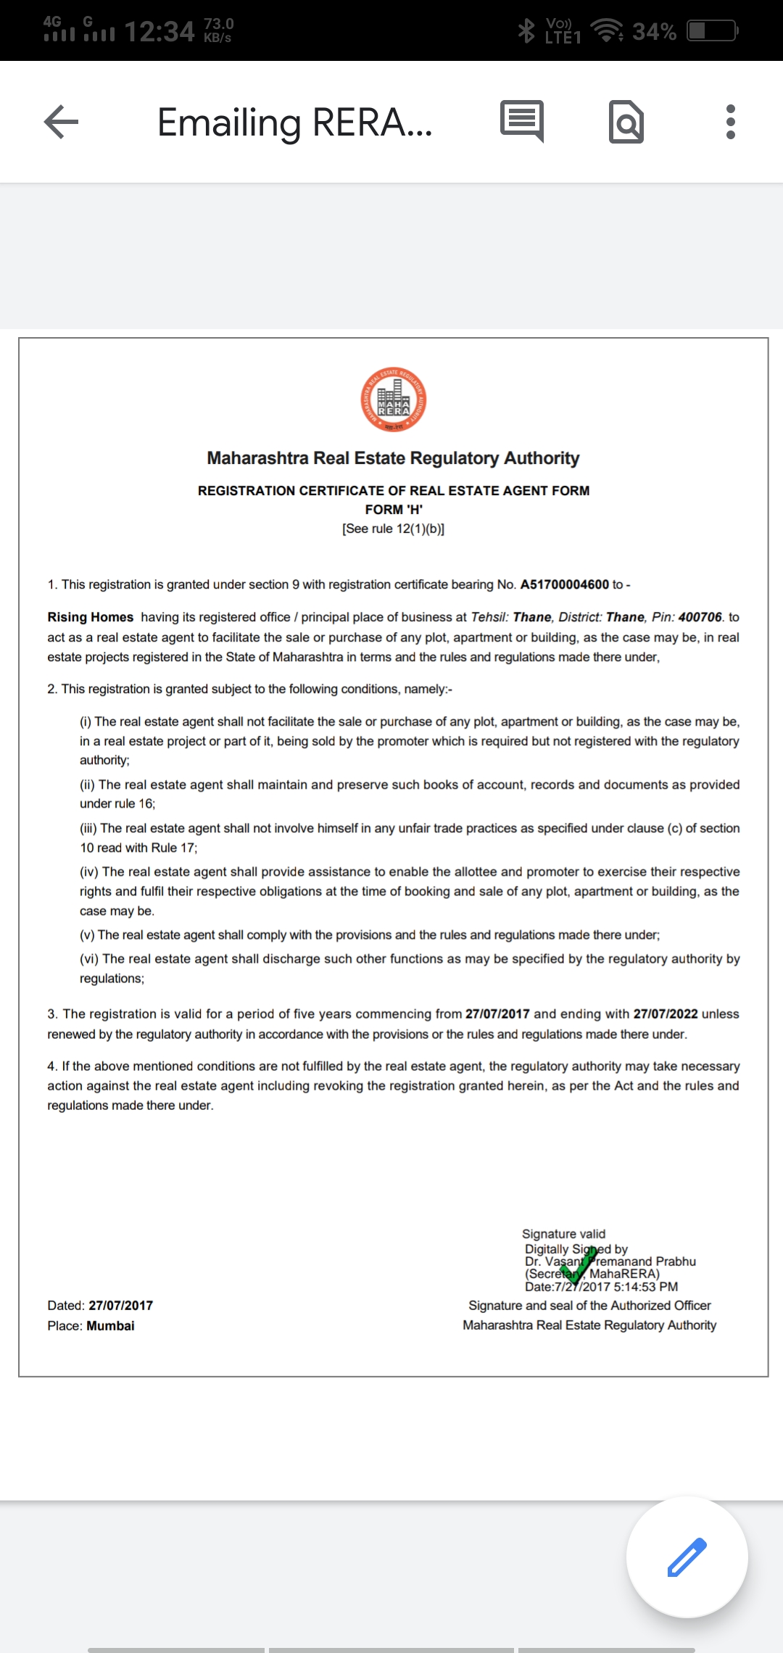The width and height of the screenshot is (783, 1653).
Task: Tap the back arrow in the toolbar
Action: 61,122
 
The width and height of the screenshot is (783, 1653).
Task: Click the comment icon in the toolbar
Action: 521,120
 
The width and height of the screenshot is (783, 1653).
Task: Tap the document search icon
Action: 626,122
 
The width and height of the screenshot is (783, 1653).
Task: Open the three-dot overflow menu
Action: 730,122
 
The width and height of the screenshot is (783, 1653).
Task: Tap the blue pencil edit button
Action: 687,1557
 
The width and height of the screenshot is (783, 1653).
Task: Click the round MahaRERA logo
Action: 394,399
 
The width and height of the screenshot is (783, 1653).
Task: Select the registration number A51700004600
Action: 564,584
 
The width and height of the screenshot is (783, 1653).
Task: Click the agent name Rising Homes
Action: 91,617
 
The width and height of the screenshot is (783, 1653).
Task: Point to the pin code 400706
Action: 700,617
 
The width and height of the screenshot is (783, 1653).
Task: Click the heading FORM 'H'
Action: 394,510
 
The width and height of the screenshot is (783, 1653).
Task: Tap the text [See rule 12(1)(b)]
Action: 394,529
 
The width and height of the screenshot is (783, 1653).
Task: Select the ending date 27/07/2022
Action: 665,1014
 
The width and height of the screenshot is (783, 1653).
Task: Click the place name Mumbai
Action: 110,1325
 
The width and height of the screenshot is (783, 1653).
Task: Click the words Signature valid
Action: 563,1234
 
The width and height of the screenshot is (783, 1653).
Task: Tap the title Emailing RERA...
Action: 294,122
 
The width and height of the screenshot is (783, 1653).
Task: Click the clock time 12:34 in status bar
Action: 159,32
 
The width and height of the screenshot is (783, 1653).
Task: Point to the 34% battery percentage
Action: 654,32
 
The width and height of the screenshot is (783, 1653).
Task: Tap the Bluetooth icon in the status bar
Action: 526,31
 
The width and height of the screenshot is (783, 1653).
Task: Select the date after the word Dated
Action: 120,1305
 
